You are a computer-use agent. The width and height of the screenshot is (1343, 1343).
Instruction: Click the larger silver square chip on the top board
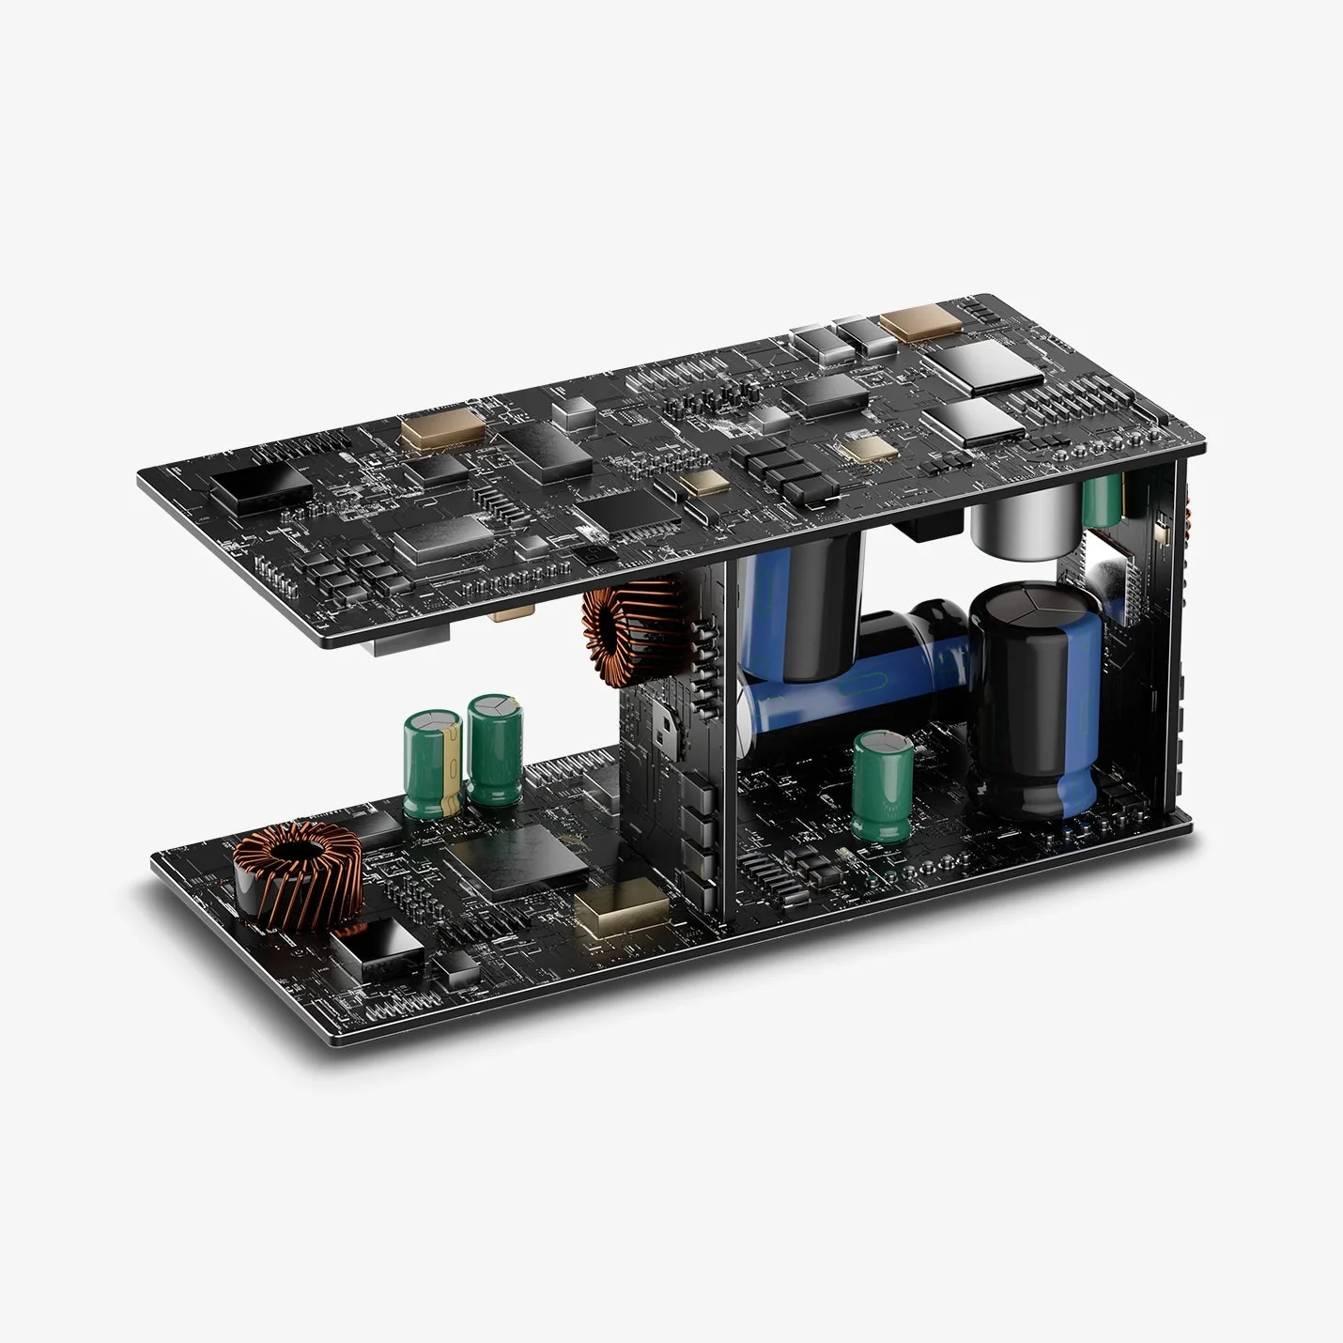980,365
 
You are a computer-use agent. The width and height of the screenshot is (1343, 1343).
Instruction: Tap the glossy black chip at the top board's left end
261,487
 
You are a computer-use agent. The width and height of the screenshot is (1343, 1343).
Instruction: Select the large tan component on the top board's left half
442,432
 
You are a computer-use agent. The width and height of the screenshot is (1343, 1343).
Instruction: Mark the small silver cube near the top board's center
574,410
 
